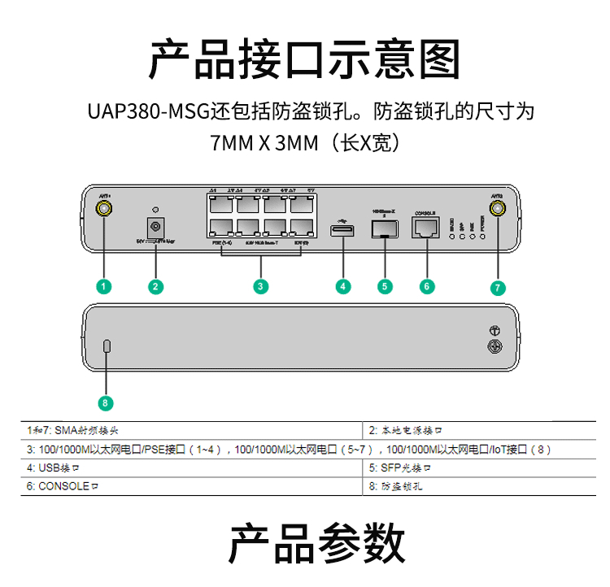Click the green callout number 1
coord(103,286)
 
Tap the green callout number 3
coord(260,286)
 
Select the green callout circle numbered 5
coord(386,286)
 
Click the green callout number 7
coord(499,287)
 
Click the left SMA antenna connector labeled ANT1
coord(104,210)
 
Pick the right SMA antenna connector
coord(498,210)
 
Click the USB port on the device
coord(342,232)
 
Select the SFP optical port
coord(384,229)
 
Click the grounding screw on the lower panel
coord(493,347)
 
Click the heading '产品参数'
coord(316,543)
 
